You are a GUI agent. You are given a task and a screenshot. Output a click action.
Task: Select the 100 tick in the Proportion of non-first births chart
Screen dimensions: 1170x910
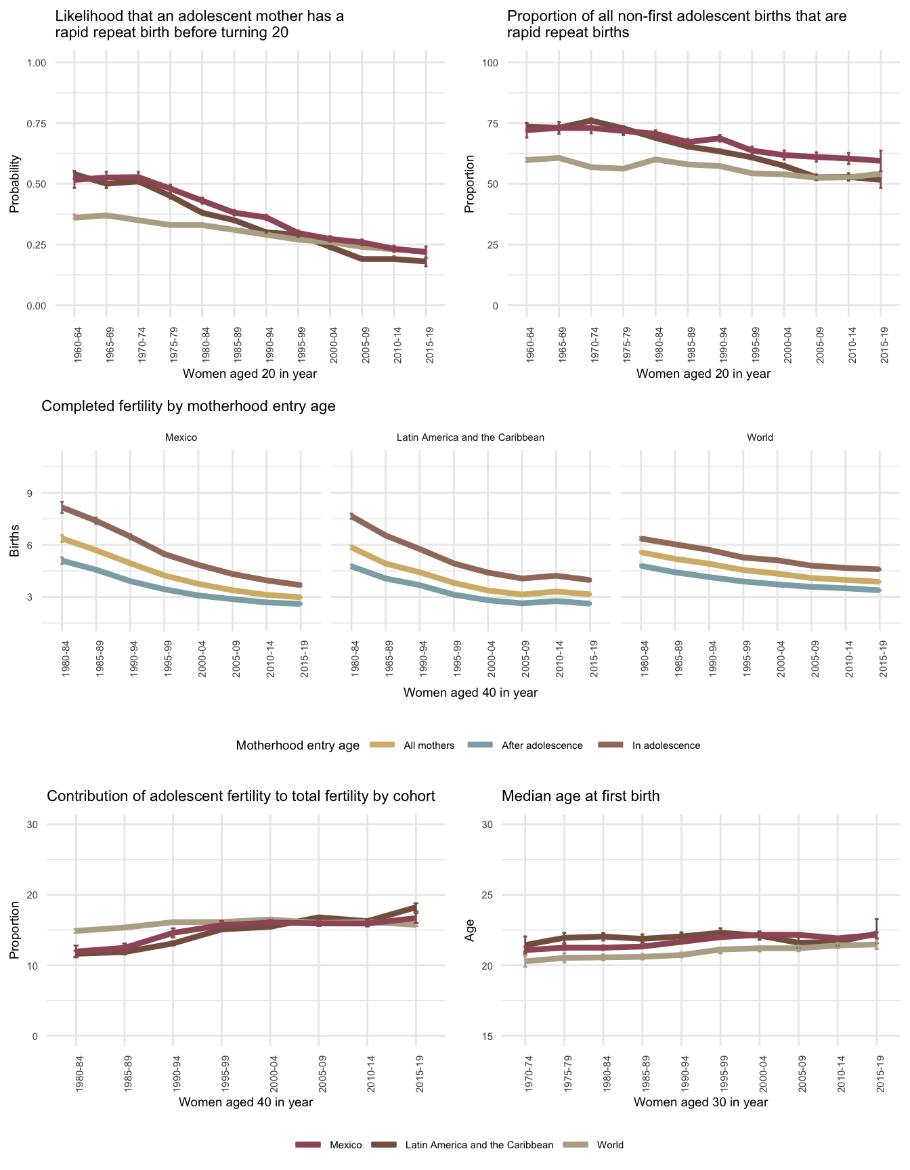tap(490, 63)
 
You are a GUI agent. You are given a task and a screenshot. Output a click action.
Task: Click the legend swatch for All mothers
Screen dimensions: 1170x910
tap(383, 745)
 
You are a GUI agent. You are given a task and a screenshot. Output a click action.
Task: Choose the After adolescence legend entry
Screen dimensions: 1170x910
tap(542, 745)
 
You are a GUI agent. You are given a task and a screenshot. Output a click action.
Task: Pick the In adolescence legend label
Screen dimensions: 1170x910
tap(666, 745)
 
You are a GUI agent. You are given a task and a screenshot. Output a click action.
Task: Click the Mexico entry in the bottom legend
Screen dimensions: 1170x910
tap(345, 1145)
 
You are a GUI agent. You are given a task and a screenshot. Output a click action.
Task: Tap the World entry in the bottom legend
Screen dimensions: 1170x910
tap(609, 1145)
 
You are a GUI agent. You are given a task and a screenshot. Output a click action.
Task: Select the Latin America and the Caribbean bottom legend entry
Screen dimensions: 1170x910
tap(479, 1145)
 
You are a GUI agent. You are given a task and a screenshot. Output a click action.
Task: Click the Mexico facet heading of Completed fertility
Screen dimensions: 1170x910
tap(181, 437)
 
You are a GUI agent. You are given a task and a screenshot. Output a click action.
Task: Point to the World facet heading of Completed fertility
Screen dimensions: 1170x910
tap(760, 437)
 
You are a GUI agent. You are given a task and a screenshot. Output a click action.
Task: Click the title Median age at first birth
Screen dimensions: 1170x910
tap(580, 796)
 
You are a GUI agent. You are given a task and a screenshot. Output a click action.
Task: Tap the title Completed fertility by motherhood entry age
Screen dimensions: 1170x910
tap(188, 406)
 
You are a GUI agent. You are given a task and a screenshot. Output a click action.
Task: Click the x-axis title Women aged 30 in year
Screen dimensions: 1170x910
tap(701, 1102)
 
